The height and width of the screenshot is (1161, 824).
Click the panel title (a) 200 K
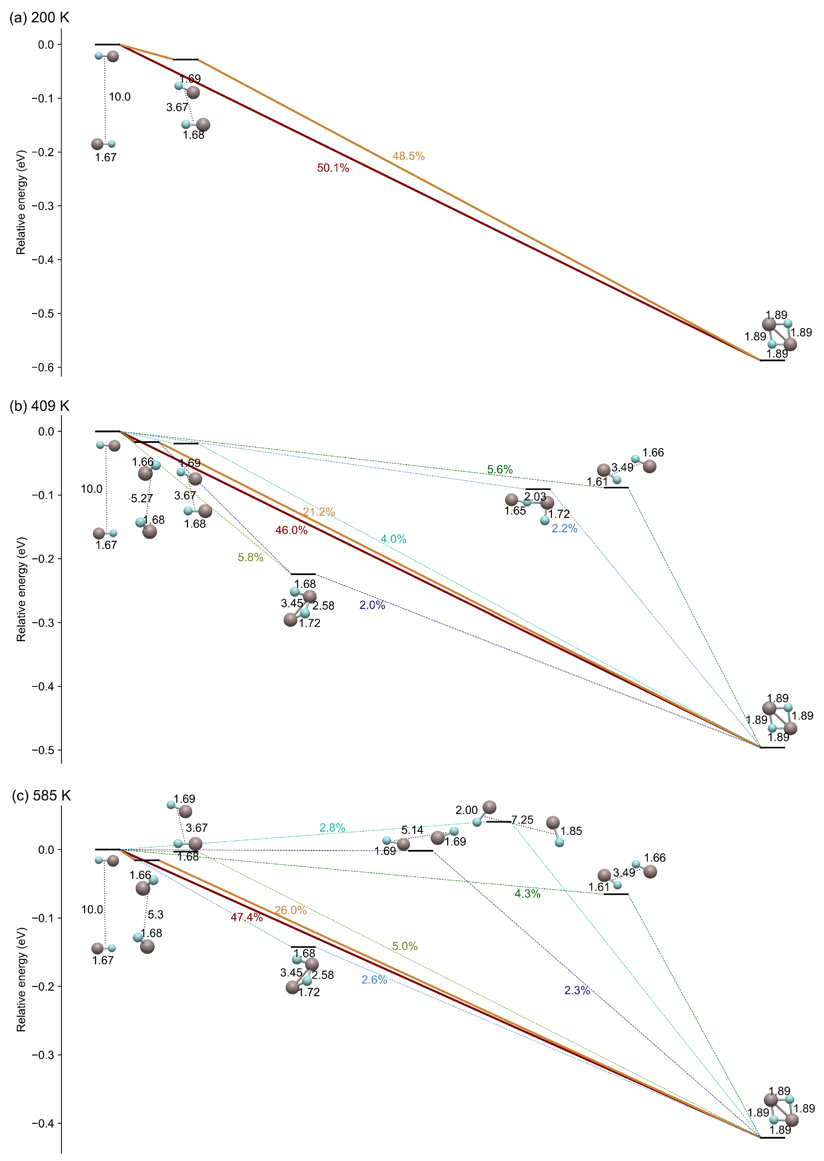tap(39, 18)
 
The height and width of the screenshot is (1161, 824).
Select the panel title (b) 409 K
tap(39, 406)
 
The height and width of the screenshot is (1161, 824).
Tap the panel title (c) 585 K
tap(41, 796)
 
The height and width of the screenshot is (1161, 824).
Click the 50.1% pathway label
tap(333, 168)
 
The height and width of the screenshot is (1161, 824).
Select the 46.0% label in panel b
tap(291, 530)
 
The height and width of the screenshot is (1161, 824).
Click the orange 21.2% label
tap(319, 512)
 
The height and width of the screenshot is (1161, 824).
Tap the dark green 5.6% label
tap(500, 469)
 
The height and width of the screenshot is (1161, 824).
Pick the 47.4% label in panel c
tap(246, 917)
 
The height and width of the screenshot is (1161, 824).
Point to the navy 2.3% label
tap(577, 990)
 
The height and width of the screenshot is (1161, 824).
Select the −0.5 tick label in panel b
tap(43, 750)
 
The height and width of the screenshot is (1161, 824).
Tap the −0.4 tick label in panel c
tap(43, 1123)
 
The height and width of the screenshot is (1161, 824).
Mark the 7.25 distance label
tap(522, 820)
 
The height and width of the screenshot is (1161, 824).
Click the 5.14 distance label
tap(412, 830)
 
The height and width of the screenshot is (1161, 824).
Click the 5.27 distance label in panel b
tap(142, 498)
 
